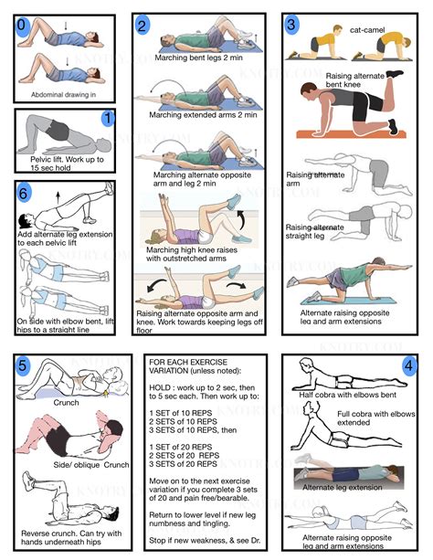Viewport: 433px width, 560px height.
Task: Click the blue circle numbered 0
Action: tap(23, 26)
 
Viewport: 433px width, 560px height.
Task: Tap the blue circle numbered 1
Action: tap(108, 118)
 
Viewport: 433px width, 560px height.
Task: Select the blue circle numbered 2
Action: tap(143, 26)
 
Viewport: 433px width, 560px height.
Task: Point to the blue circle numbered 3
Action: tap(292, 25)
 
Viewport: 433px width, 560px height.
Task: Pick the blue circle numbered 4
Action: tap(408, 365)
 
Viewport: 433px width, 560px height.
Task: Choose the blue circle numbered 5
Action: tap(23, 365)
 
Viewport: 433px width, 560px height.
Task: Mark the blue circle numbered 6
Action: tap(24, 194)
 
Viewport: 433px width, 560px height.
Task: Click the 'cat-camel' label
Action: tap(367, 30)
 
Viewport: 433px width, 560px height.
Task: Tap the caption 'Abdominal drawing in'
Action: tap(63, 95)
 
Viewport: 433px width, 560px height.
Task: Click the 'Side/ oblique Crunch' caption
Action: tap(91, 465)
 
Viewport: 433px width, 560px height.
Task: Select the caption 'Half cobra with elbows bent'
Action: tap(347, 395)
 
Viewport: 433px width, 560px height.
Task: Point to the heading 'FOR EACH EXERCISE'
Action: tap(188, 362)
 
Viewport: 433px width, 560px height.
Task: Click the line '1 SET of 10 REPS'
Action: tap(181, 413)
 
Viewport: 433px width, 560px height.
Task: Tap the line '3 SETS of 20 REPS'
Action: tap(183, 464)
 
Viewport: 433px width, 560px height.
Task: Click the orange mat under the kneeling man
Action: tap(351, 134)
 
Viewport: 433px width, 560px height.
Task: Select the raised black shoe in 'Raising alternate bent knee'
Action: tap(395, 74)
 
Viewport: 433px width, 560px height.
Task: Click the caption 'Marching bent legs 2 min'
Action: tap(198, 58)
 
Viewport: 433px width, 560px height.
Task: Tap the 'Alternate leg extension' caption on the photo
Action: tap(343, 487)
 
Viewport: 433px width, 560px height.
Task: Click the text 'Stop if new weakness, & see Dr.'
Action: tap(205, 540)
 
